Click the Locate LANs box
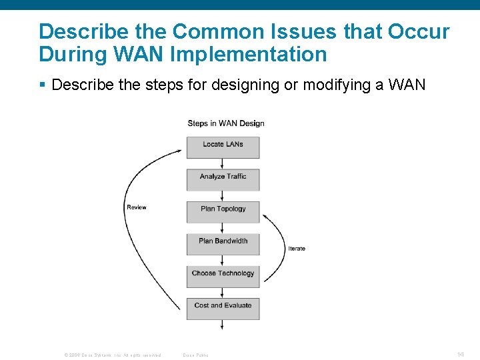pyautogui.click(x=223, y=147)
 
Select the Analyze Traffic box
pyautogui.click(x=223, y=179)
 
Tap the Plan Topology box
pyautogui.click(x=223, y=211)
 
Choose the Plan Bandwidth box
pyautogui.click(x=223, y=243)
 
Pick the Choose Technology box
pyautogui.click(x=223, y=275)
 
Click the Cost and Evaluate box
pyautogui.click(x=223, y=308)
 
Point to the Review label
pyautogui.click(x=137, y=207)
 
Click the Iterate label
pyautogui.click(x=297, y=249)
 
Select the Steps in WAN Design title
pyautogui.click(x=226, y=123)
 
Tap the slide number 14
pyautogui.click(x=460, y=354)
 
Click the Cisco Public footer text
pyautogui.click(x=195, y=355)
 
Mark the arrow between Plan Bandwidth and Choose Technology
pyautogui.click(x=223, y=260)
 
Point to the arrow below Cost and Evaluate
pyautogui.click(x=223, y=325)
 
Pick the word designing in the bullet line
pyautogui.click(x=225, y=85)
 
